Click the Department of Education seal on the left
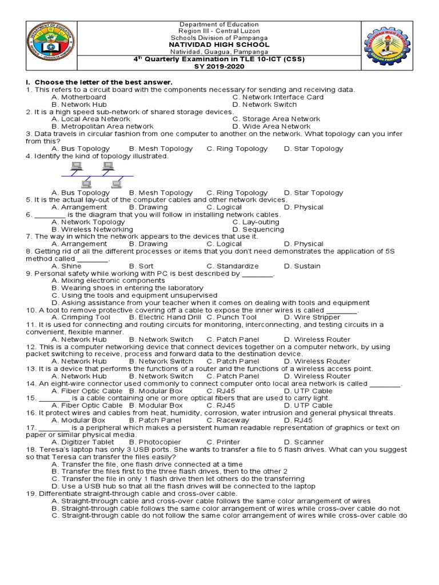click(x=50, y=47)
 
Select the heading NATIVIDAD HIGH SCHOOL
click(x=219, y=45)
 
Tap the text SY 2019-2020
click(x=219, y=66)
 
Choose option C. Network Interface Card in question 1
click(x=278, y=97)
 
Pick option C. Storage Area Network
click(x=276, y=119)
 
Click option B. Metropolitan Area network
click(x=102, y=126)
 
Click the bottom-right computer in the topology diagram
click(x=117, y=184)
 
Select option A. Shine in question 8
click(x=66, y=266)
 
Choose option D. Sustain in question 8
click(x=302, y=266)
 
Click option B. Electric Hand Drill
click(x=165, y=317)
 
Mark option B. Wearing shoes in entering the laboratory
click(x=127, y=288)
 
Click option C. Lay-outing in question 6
click(x=256, y=222)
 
